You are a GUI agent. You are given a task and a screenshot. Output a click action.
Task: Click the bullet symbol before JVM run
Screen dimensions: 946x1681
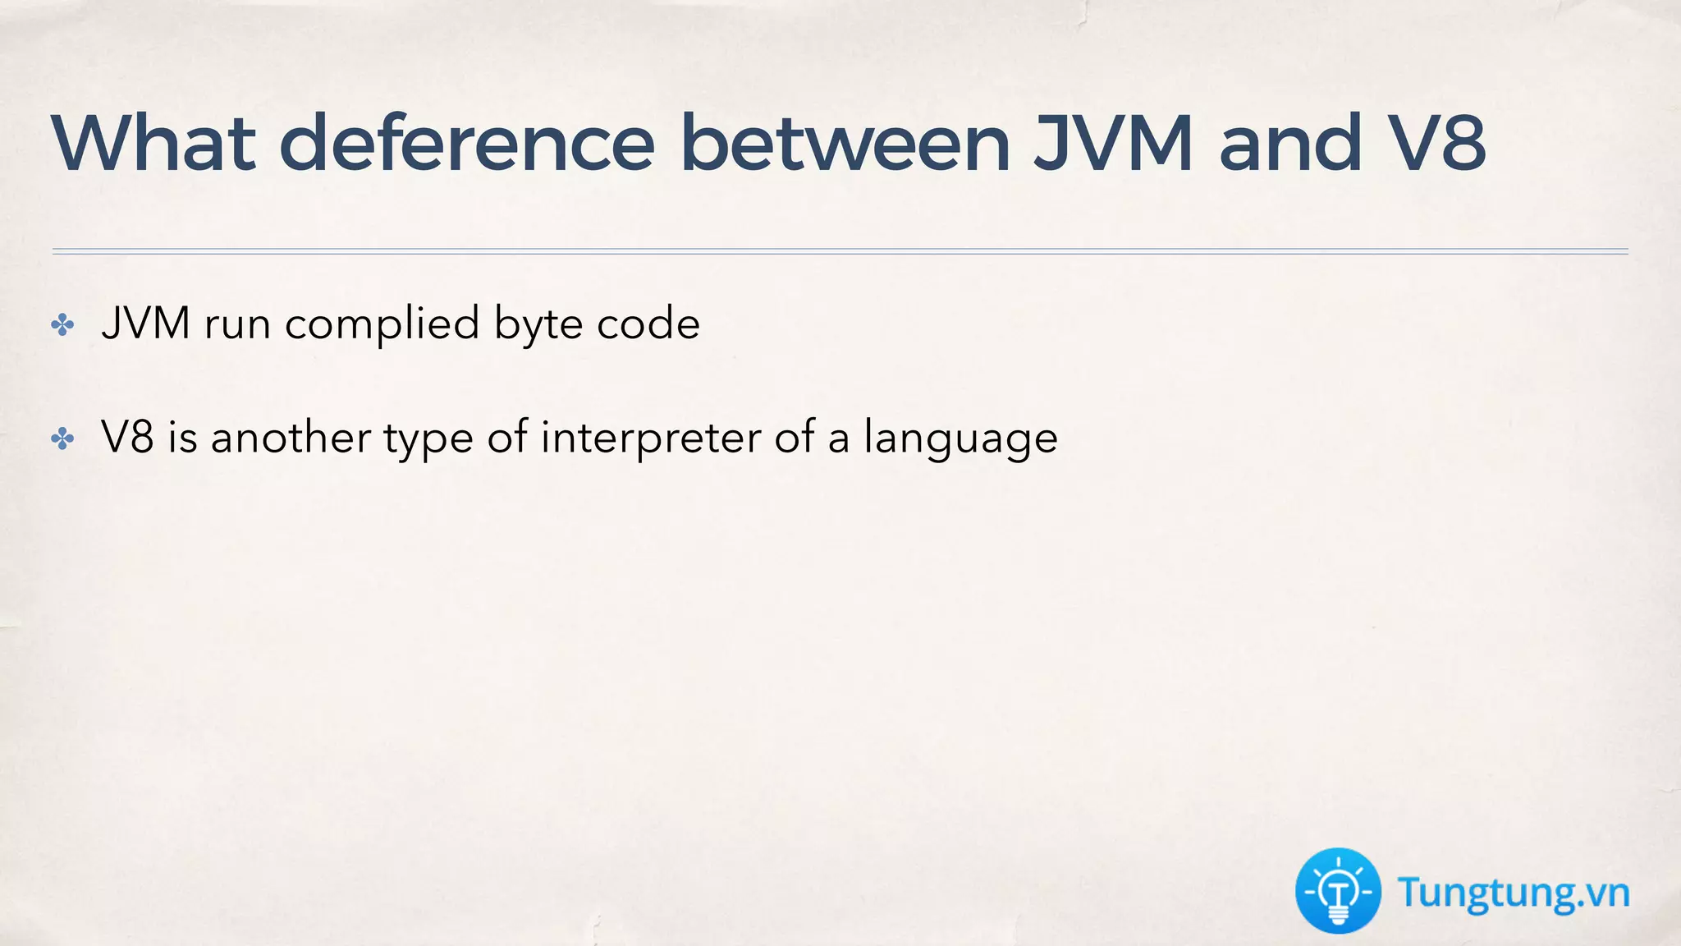click(x=62, y=325)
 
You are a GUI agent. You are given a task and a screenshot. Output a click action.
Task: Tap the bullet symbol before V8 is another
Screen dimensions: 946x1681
click(x=62, y=439)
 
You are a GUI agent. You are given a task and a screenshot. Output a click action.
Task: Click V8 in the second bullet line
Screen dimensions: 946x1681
click(x=127, y=437)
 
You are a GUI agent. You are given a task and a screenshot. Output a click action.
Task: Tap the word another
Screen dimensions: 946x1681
click(x=291, y=437)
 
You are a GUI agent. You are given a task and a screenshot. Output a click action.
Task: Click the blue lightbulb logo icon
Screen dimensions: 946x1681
click(x=1338, y=891)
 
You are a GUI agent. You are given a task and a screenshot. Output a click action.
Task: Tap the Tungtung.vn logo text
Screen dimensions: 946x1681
click(x=1514, y=893)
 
